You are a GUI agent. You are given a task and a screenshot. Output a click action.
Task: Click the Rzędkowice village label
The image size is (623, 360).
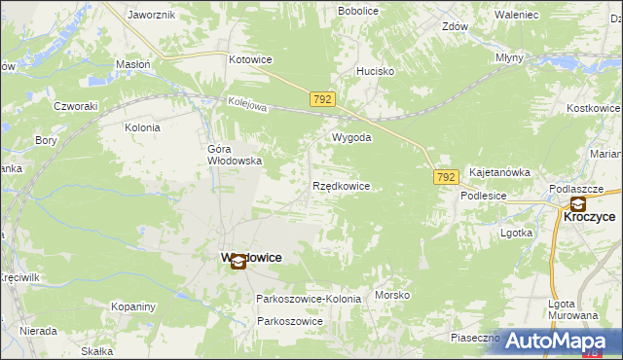pos(341,186)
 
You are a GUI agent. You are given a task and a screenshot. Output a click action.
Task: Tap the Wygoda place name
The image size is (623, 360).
pos(352,138)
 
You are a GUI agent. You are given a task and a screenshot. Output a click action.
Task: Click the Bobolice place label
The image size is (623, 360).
pos(358,11)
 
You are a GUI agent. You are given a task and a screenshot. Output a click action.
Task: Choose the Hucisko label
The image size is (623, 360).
pos(375,71)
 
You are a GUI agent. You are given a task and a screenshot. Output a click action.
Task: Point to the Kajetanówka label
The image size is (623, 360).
pos(499,172)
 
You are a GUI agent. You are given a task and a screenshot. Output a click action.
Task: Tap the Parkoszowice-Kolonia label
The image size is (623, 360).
pos(309,299)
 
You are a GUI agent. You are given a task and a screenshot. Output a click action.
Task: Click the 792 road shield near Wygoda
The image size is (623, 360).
pos(324,100)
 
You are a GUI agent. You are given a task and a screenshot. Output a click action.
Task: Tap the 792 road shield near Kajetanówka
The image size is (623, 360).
pos(446,177)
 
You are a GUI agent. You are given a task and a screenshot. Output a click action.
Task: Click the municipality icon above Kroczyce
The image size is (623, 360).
pos(578,204)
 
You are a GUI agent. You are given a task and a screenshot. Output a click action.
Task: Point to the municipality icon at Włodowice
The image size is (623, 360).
pos(238,261)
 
